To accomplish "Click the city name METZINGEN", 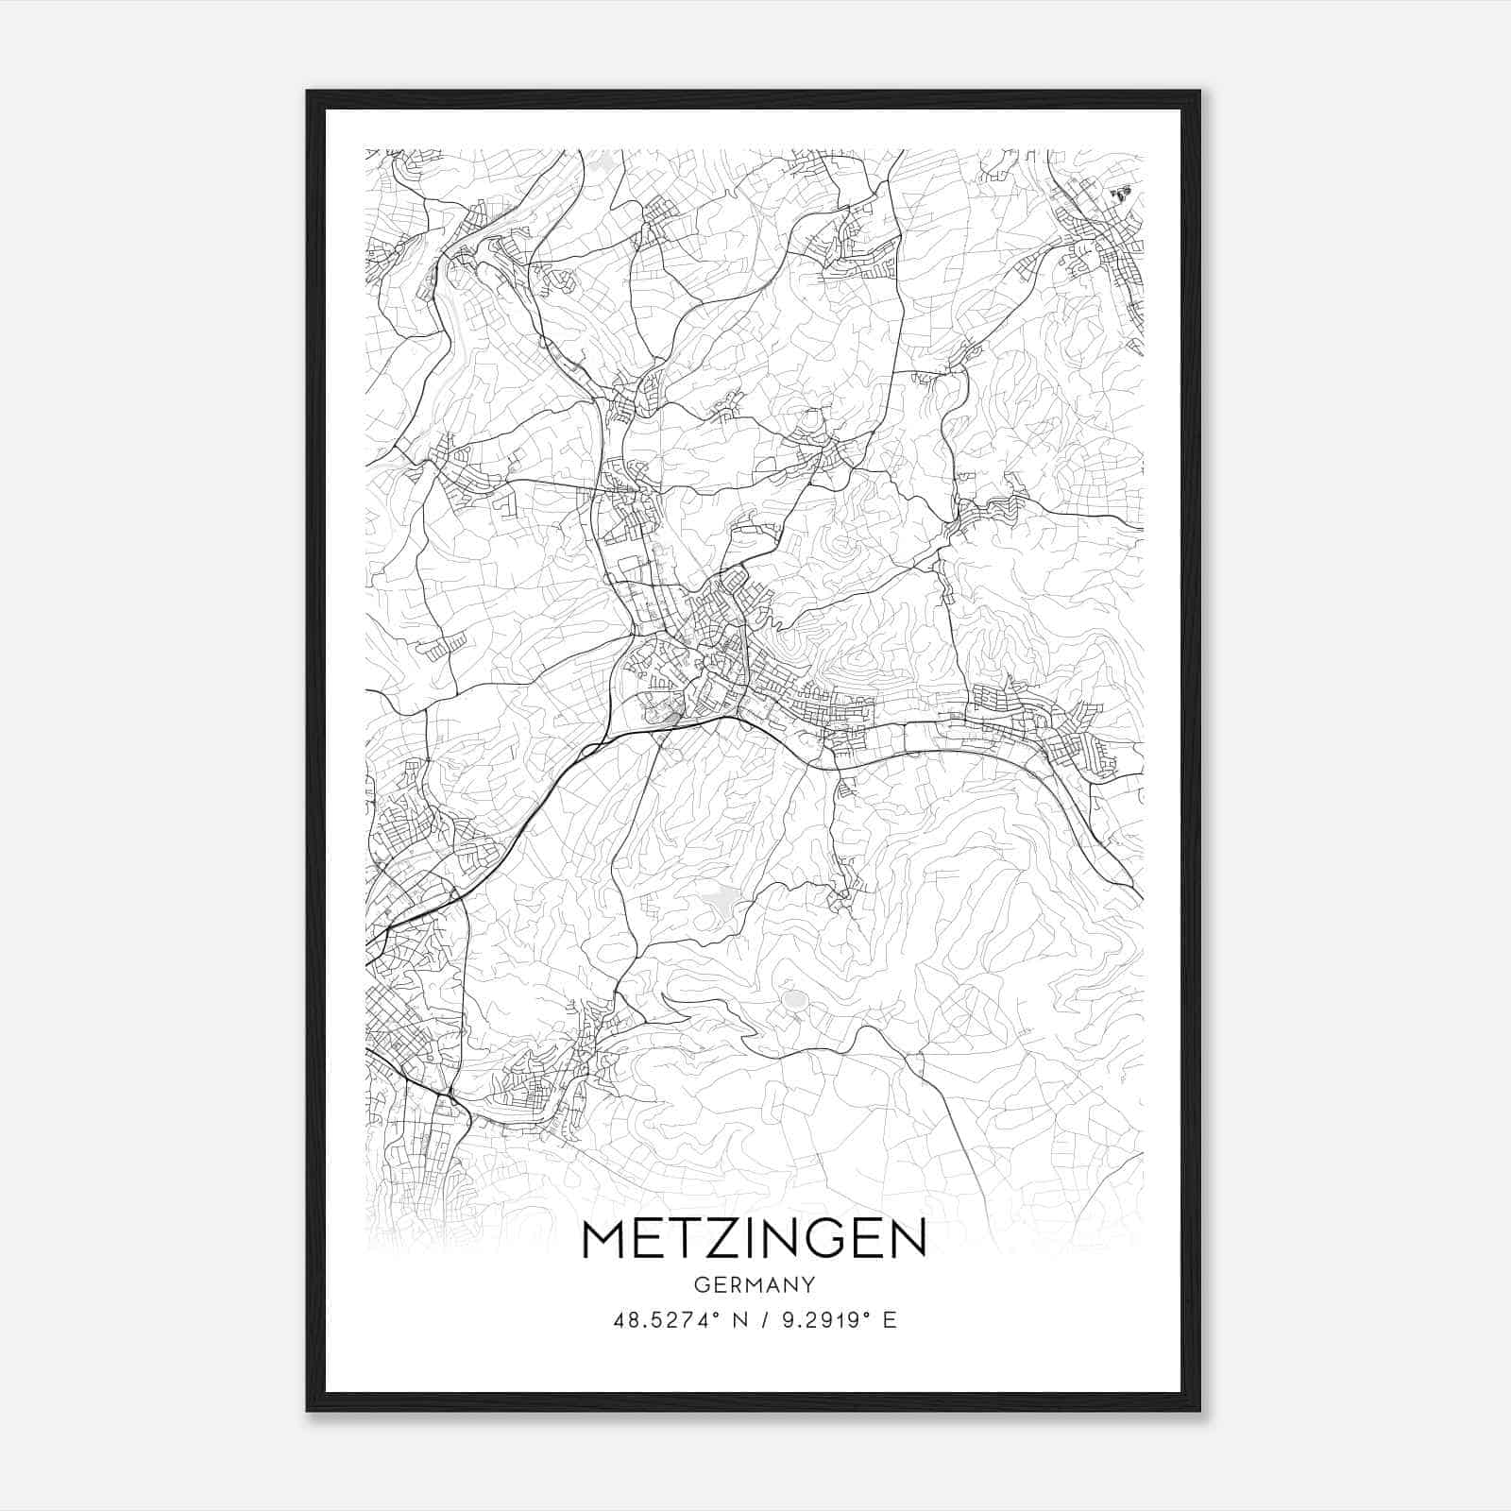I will [x=755, y=1240].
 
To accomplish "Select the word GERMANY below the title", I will [x=755, y=1285].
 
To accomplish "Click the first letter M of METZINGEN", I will [x=604, y=1240].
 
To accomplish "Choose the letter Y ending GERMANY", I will [x=808, y=1285].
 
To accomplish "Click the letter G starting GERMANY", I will [x=701, y=1285].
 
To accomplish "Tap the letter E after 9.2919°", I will [x=889, y=1320].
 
